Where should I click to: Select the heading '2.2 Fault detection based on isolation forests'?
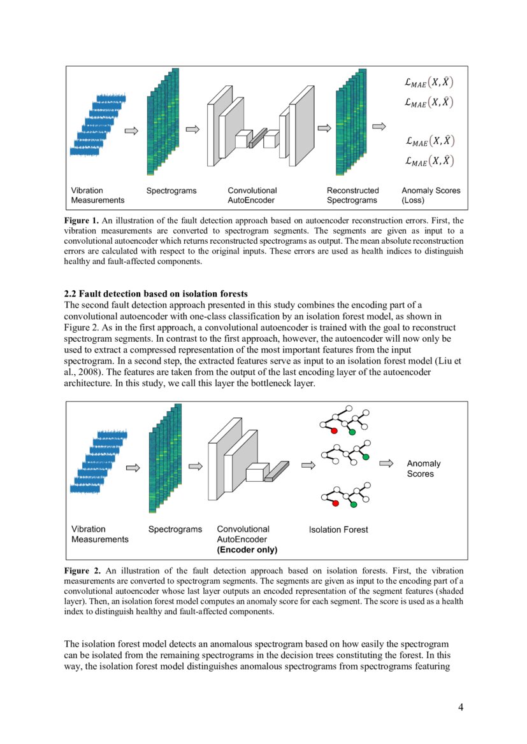coord(155,294)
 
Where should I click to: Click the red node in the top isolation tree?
coord(333,431)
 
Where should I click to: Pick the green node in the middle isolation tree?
coord(365,457)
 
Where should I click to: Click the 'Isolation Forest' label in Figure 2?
coord(338,530)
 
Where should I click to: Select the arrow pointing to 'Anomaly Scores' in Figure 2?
coord(386,464)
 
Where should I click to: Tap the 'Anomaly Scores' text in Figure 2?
coord(423,468)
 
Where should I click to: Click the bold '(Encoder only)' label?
coord(247,550)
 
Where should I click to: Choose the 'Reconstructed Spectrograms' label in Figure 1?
coord(352,195)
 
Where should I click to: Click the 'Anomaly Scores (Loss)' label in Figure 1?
coord(430,195)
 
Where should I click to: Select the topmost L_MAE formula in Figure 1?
coord(429,82)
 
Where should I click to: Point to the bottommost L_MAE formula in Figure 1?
coord(429,161)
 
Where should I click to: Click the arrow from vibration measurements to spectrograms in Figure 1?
coord(131,130)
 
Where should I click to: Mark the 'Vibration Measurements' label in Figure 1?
coord(97,195)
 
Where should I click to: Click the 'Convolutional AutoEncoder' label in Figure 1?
coord(252,195)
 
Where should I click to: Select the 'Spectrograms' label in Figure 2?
coord(175,530)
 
